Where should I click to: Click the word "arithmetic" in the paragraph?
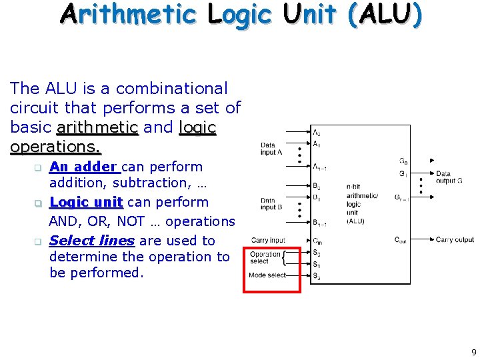[97, 127]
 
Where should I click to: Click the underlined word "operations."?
[55, 146]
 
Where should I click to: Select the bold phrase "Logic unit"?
[86, 202]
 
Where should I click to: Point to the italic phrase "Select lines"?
[92, 241]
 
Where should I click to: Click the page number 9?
[474, 353]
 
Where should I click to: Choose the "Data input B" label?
[268, 204]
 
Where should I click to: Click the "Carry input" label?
[268, 240]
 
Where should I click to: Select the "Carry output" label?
[455, 240]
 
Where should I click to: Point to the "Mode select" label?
[267, 275]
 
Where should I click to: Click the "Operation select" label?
[265, 257]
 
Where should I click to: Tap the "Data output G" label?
[448, 177]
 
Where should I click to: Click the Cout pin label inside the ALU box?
[401, 240]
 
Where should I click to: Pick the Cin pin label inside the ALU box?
[317, 241]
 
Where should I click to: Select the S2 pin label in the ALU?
[317, 276]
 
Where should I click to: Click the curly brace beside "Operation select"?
[285, 257]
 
